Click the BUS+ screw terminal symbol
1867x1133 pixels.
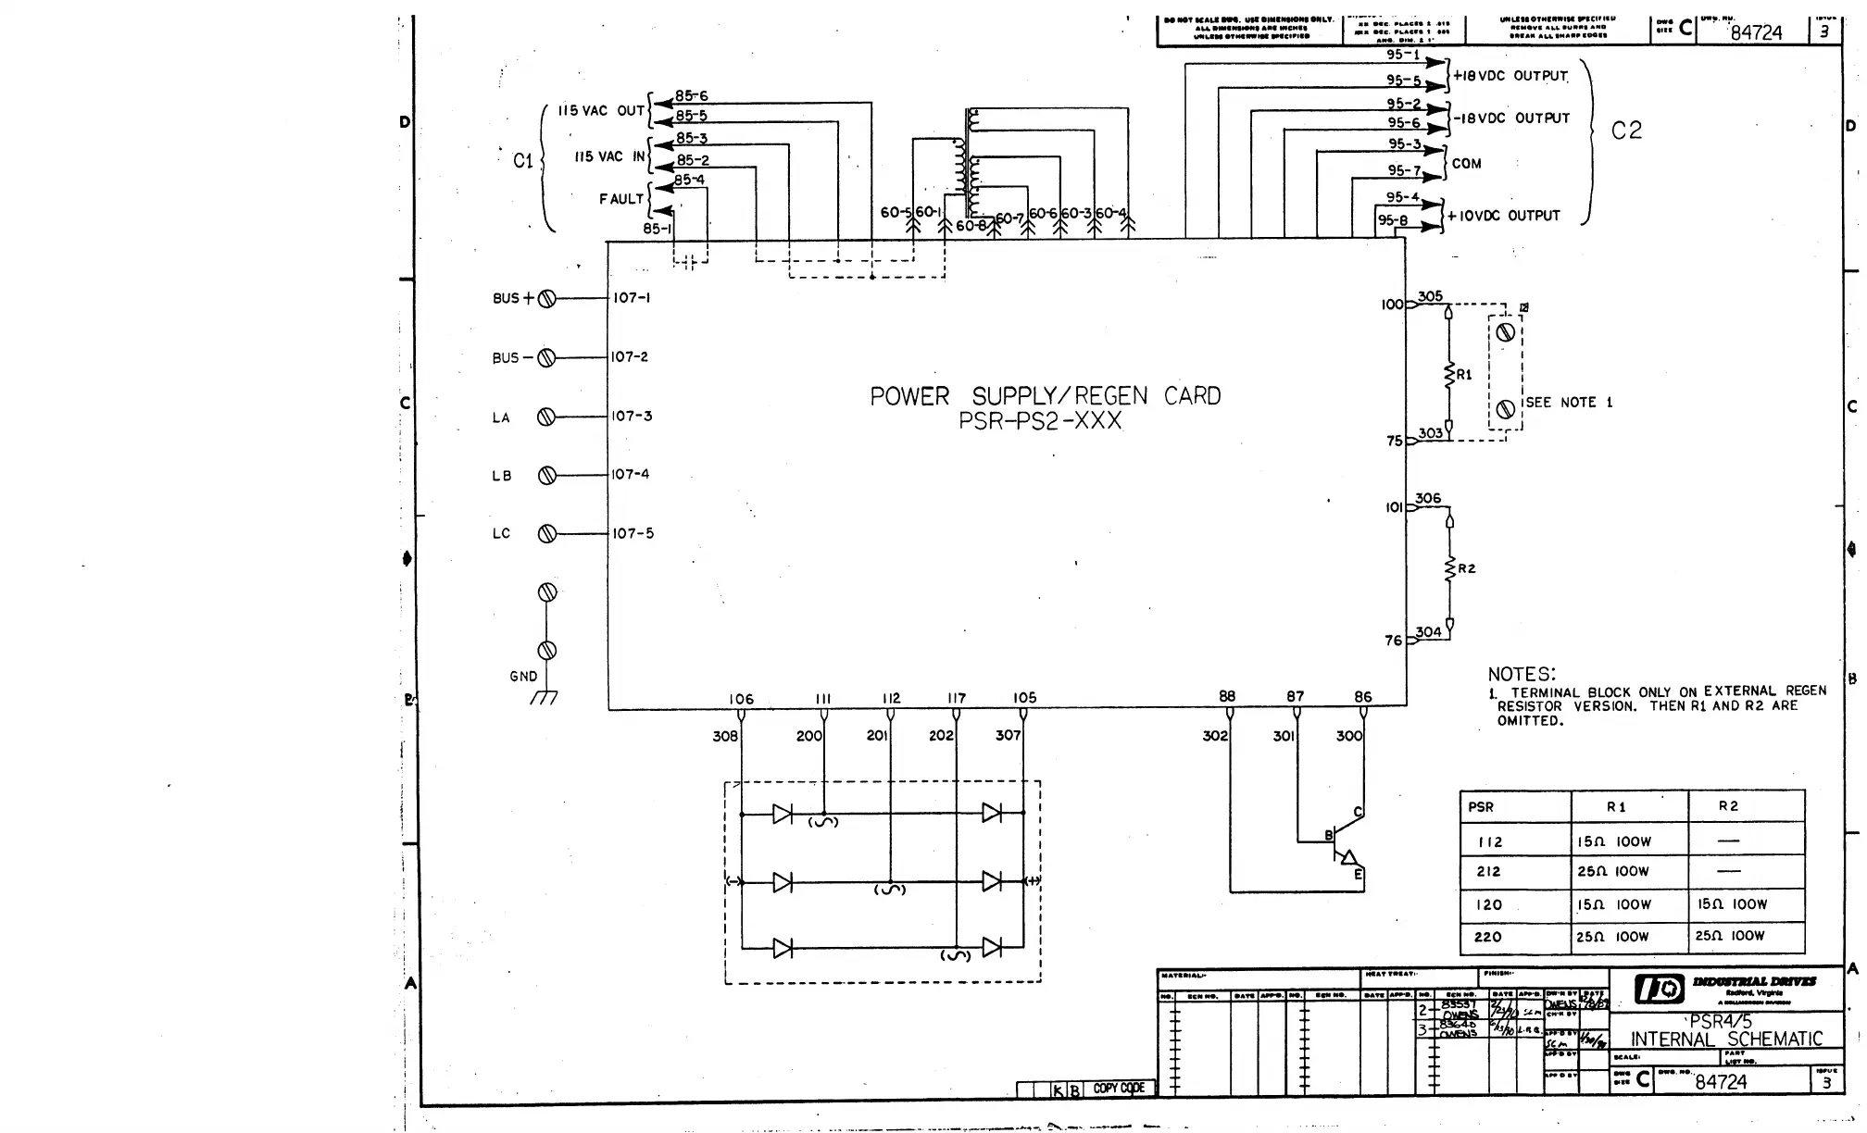[546, 298]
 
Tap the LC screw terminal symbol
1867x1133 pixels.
[546, 533]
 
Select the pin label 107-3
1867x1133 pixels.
[632, 416]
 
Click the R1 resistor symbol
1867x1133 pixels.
[1449, 375]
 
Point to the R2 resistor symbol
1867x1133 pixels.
[1450, 568]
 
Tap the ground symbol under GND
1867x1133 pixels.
[545, 697]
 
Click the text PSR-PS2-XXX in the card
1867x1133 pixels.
[1040, 422]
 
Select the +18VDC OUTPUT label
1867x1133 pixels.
[1510, 76]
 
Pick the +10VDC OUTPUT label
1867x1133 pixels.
[1504, 216]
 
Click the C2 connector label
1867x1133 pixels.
[1626, 131]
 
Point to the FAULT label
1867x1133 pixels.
[620, 199]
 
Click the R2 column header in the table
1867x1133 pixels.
[1728, 806]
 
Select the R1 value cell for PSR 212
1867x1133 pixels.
[1614, 872]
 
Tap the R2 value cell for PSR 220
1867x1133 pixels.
[1730, 936]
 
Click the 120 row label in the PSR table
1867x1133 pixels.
[1489, 904]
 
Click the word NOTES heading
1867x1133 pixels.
[1522, 674]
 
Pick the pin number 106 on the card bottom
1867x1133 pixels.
[741, 699]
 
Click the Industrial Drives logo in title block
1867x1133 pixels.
[1659, 989]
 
